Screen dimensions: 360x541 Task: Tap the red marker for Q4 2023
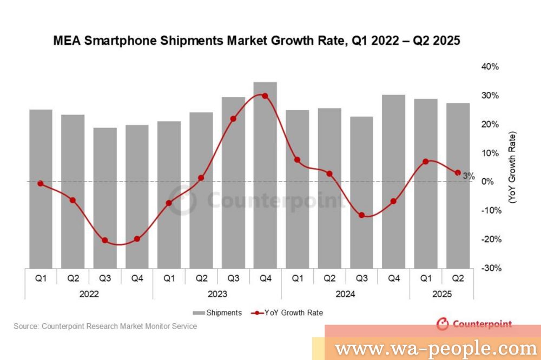point(265,96)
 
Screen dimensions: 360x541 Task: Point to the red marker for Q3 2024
point(361,215)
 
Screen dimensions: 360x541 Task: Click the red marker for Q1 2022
point(41,184)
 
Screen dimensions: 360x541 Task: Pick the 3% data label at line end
point(469,176)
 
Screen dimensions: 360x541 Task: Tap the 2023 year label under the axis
point(217,295)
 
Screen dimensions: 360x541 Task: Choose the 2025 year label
point(441,295)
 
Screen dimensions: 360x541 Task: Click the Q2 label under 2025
point(458,279)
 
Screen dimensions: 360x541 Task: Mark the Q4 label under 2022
point(137,279)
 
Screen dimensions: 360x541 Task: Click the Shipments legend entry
point(218,313)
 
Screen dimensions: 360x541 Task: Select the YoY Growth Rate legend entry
point(287,313)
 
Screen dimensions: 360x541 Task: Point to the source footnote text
point(105,326)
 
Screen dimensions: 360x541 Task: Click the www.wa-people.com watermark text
point(435,349)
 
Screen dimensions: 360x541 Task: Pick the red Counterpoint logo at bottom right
point(474,324)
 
